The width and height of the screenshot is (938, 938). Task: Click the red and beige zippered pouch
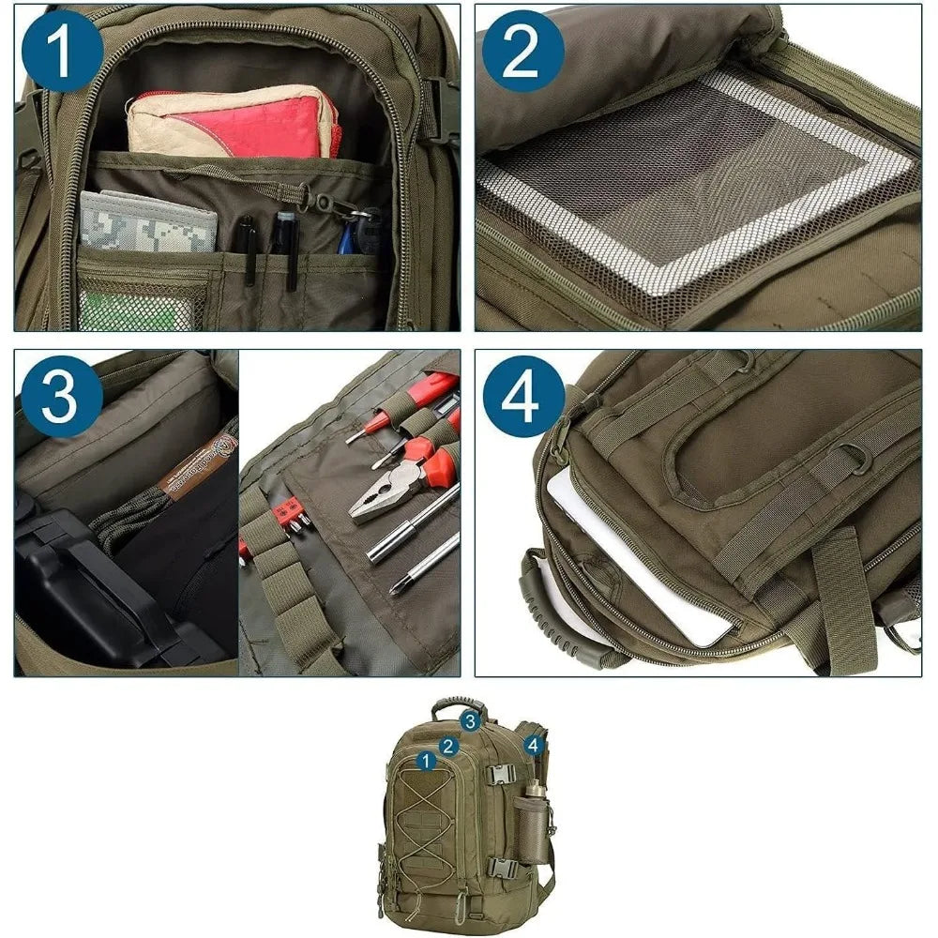[234, 122]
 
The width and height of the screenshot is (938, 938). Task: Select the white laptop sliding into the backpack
[638, 563]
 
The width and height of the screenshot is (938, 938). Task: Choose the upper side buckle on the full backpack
[502, 775]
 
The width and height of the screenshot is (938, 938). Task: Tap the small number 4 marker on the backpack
[534, 746]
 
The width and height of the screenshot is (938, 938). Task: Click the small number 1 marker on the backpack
[426, 760]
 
